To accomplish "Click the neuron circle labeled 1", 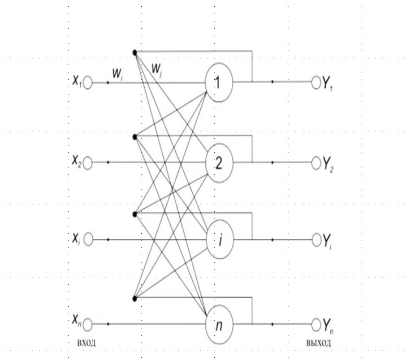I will tap(218, 82).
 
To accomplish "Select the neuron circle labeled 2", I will tap(218, 162).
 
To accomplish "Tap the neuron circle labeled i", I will tap(218, 239).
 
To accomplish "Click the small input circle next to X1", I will tap(87, 82).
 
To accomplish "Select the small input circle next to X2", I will tap(87, 162).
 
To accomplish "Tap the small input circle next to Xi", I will tap(87, 239).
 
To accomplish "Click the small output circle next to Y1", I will tap(316, 82).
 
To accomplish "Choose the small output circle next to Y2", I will tap(316, 162).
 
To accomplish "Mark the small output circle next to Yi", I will tap(316, 239).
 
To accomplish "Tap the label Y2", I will tap(329, 164).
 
